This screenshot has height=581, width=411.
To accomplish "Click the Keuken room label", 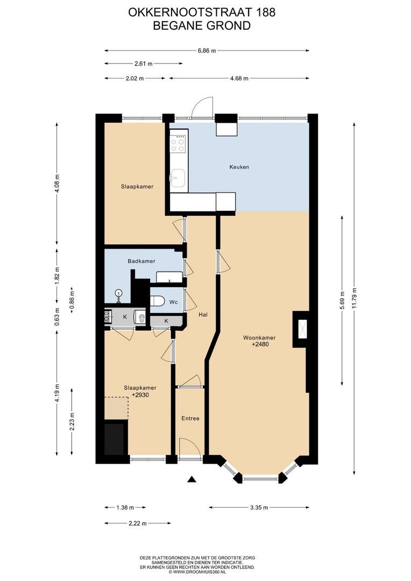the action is pos(239,167).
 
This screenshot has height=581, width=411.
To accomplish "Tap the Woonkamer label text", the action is pos(259,338).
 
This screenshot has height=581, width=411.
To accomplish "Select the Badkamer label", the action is pos(141,261).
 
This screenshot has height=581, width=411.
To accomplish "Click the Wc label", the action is pos(173,302).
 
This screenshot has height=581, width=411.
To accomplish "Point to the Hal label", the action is pos(203,315).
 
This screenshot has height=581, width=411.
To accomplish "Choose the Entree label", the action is pos(190,419).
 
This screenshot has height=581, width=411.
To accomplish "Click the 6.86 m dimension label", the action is pos(207,51).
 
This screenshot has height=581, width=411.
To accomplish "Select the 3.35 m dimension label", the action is pos(259,508).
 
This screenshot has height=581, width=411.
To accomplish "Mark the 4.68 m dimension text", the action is pos(239,78).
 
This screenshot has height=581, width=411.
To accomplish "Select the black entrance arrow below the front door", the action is pos(191,479).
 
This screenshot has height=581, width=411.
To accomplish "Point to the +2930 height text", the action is pos(140,395).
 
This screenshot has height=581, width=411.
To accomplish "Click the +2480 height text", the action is pos(260,344).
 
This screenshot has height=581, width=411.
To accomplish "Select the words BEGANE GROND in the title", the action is pos(202,26).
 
